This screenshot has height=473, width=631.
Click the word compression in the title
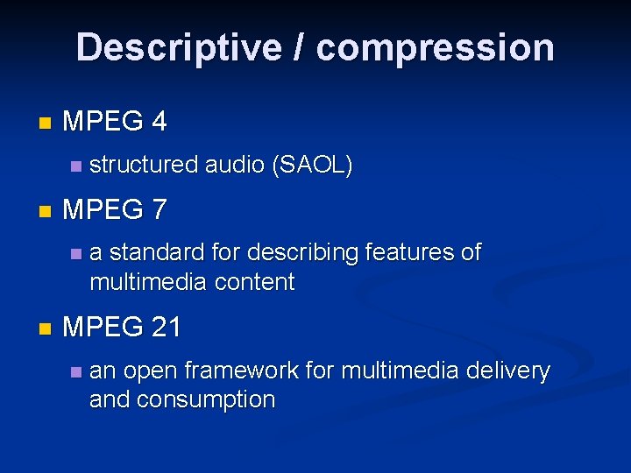click(436, 47)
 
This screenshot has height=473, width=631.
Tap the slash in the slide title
click(301, 47)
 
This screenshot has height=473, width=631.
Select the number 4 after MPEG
click(159, 122)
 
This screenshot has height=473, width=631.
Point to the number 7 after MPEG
click(159, 210)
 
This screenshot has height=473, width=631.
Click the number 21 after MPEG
click(167, 328)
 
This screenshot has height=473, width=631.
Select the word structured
click(144, 165)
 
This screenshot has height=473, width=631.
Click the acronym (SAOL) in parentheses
click(313, 165)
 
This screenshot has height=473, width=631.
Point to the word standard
click(159, 253)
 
